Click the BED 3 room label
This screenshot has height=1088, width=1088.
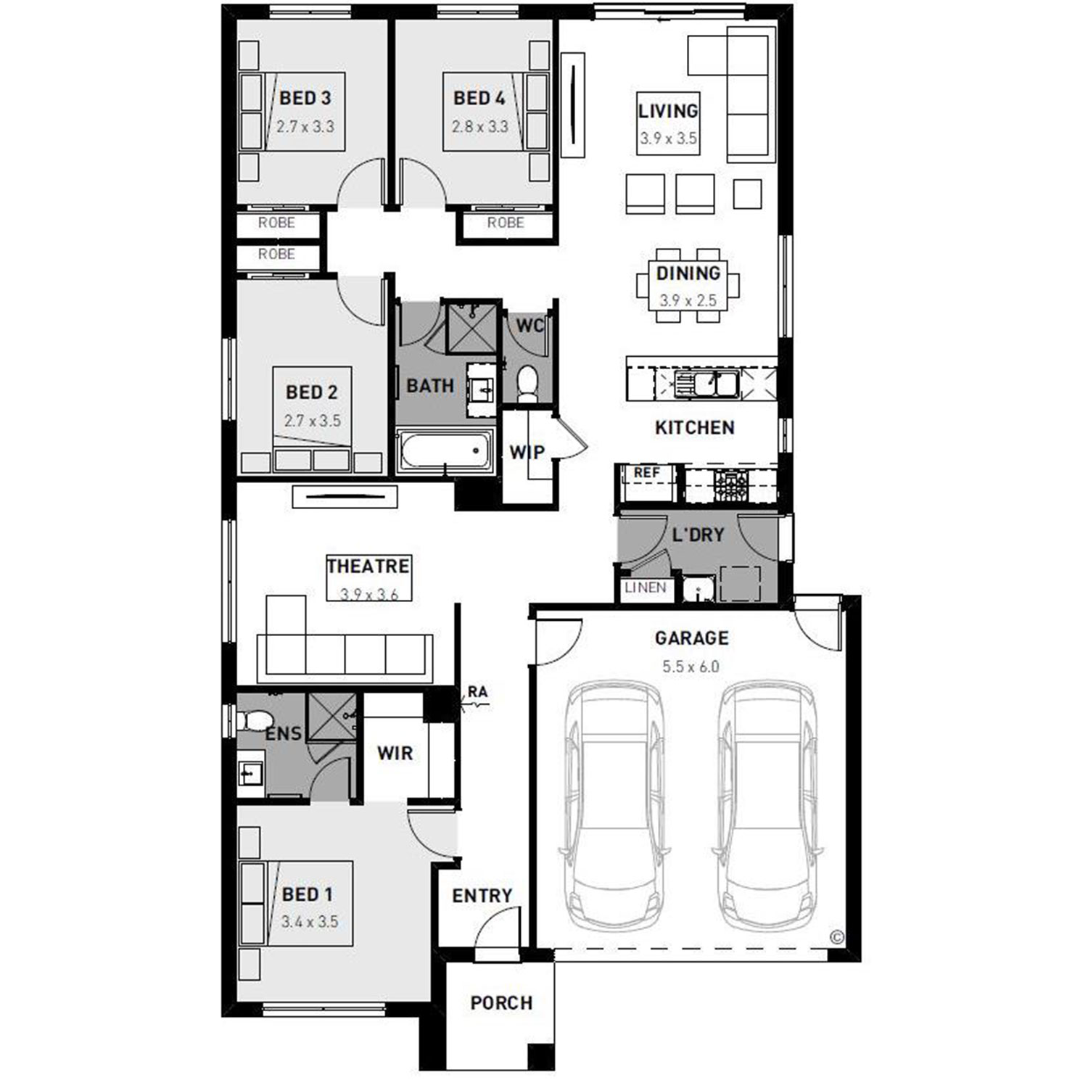[305, 98]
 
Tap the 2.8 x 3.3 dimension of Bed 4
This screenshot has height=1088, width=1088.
[479, 126]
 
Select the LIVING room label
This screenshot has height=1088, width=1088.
[668, 111]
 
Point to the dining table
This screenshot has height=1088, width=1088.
[688, 285]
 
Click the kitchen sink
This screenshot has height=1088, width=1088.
[705, 383]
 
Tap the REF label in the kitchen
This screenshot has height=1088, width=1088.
[646, 473]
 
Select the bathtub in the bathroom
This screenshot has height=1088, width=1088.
[445, 450]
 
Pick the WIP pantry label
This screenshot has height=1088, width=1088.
[527, 452]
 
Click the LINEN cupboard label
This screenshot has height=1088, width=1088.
[645, 588]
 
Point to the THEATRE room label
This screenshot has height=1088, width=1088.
[368, 566]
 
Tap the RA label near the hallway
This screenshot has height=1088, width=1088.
[477, 692]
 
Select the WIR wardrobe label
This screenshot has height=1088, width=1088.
[395, 753]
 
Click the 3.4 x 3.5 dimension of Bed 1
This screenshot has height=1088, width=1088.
[310, 922]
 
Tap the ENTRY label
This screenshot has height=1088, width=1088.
[482, 896]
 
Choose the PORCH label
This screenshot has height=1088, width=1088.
[501, 1003]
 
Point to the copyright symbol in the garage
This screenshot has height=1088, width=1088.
[837, 937]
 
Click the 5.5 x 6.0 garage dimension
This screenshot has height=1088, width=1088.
[691, 667]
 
